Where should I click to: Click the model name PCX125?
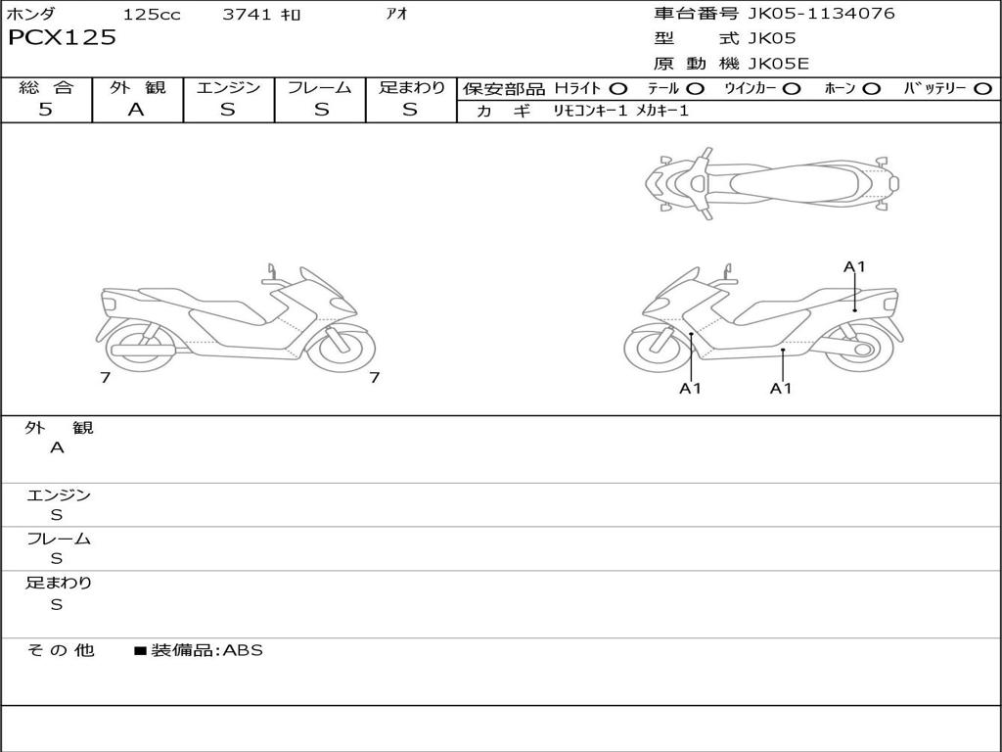[x=62, y=38]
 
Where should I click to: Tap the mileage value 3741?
[x=247, y=15]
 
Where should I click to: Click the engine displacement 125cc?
[x=152, y=15]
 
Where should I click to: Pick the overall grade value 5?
[x=46, y=110]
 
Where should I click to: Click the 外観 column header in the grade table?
[x=138, y=87]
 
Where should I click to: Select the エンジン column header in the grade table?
[x=229, y=87]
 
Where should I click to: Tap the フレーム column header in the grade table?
[x=320, y=87]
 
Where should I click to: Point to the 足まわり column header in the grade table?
[x=412, y=87]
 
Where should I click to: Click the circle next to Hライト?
[x=618, y=88]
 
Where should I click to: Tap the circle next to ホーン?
[x=871, y=88]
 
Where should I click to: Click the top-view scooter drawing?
[x=771, y=182]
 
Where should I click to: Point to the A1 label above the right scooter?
[x=855, y=266]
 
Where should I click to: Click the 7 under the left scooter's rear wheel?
[x=105, y=377]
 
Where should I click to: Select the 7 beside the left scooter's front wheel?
[x=374, y=377]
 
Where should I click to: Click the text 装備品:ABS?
[x=206, y=650]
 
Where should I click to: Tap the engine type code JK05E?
[x=779, y=64]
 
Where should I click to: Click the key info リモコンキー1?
[x=590, y=112]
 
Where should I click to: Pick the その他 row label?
[x=60, y=650]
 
